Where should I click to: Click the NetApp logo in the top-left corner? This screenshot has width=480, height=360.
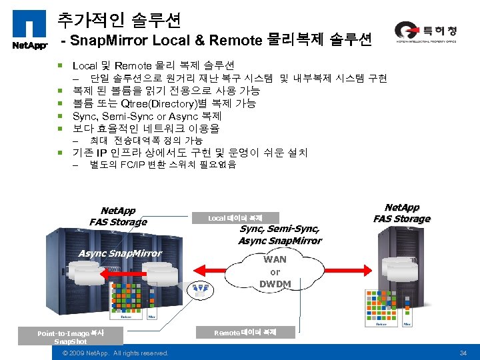[28, 31]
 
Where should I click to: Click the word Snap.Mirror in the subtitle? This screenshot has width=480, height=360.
[110, 41]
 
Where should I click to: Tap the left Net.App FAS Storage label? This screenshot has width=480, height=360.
[118, 216]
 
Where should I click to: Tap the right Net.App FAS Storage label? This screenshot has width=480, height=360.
[402, 213]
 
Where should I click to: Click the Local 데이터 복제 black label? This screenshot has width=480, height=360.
[235, 218]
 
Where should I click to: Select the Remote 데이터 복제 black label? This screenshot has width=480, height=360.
[245, 331]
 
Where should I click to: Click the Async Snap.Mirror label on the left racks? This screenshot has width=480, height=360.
[120, 253]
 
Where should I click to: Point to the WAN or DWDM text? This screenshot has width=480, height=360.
[275, 271]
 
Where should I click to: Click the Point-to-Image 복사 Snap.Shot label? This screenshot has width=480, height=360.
[71, 337]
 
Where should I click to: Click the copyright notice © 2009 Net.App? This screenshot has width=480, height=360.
[115, 353]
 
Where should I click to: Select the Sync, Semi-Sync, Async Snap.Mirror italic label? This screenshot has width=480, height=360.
[279, 235]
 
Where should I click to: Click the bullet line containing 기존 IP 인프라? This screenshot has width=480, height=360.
[190, 153]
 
